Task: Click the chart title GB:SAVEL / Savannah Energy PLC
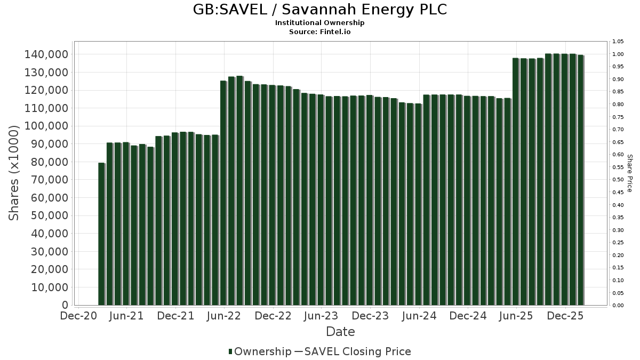pos(319,10)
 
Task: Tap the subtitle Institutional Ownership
pos(319,23)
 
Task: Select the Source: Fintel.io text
pos(319,31)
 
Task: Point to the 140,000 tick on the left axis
pos(45,54)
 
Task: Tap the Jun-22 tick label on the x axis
pos(224,316)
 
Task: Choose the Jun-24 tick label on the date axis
pos(419,316)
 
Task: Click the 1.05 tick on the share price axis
pos(618,42)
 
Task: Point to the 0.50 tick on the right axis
pos(618,180)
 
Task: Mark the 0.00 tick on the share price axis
pos(618,305)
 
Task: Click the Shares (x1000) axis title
pos(14,173)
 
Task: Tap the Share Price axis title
pos(629,173)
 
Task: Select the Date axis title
pos(340,332)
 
